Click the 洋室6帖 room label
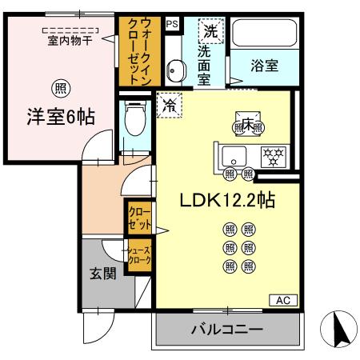click(x=58, y=117)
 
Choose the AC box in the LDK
click(x=282, y=301)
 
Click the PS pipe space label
click(x=171, y=24)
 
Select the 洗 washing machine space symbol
click(x=210, y=32)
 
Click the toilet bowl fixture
click(x=135, y=122)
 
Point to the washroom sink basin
click(x=175, y=70)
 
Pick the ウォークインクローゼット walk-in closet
click(x=134, y=50)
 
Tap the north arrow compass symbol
click(x=338, y=329)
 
